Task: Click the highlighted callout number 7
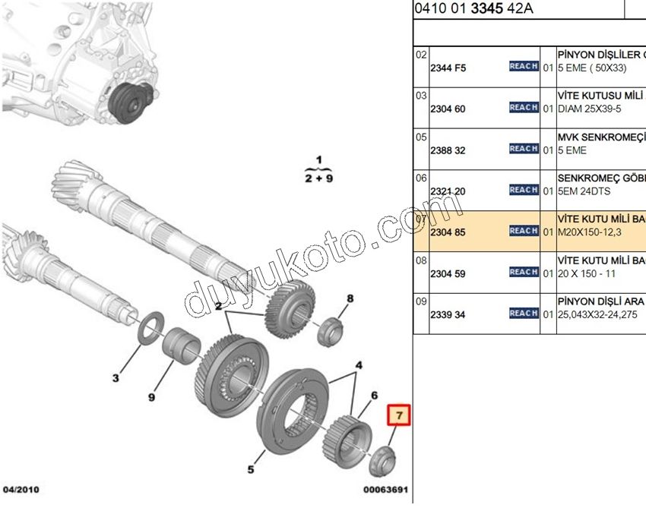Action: (x=400, y=416)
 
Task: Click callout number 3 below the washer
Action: (x=116, y=377)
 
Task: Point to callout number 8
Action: (x=350, y=298)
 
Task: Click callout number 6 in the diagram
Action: (x=374, y=396)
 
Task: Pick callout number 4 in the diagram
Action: (x=359, y=364)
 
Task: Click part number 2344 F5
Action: (x=448, y=68)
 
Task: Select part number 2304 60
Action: (x=448, y=109)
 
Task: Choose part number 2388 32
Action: (x=448, y=150)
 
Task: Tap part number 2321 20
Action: (x=448, y=191)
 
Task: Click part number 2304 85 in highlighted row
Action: (x=448, y=232)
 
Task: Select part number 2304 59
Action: (x=448, y=273)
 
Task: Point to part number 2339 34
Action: (x=448, y=314)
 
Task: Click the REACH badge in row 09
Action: (x=524, y=313)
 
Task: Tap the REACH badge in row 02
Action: (x=524, y=67)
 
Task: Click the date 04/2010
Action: (x=21, y=489)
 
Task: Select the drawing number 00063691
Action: (x=385, y=490)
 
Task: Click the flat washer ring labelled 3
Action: (x=150, y=323)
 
